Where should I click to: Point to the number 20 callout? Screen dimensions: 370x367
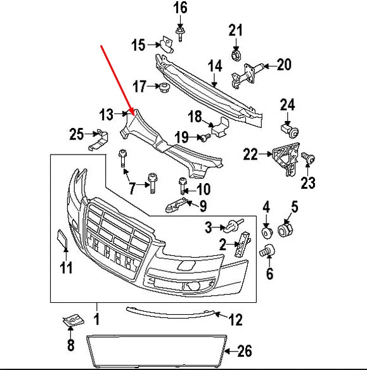[283, 64]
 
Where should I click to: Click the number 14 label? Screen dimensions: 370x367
[214, 65]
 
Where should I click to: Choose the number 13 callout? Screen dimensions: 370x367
[106, 115]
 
